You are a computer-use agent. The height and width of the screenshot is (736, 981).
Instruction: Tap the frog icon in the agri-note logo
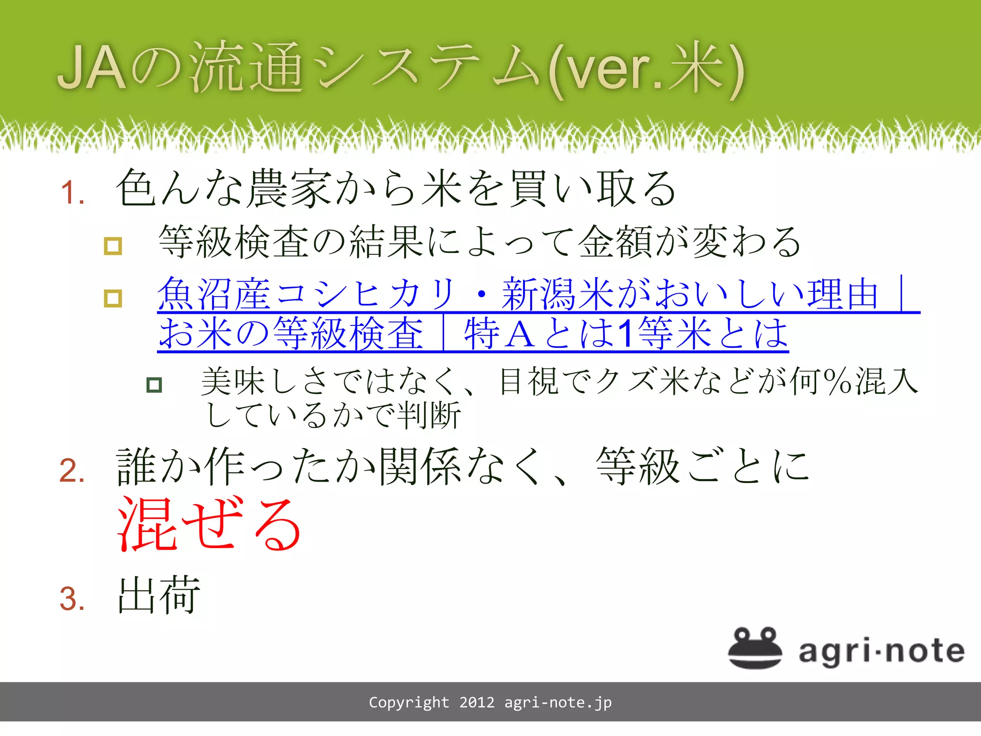(754, 647)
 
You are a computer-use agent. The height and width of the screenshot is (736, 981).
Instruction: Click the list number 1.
(72, 193)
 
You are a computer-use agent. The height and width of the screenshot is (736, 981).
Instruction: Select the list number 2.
(72, 470)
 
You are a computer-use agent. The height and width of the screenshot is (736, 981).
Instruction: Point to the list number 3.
(72, 599)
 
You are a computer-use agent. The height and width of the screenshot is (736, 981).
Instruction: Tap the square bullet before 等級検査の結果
(113, 246)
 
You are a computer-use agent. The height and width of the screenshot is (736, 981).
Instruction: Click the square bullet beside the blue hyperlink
(113, 298)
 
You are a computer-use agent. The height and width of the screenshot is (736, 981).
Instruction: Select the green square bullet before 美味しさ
(154, 385)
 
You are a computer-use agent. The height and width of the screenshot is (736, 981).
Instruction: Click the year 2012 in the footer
(477, 702)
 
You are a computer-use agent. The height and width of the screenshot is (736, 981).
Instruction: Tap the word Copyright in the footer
(409, 702)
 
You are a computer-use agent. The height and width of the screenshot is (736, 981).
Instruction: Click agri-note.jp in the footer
(558, 702)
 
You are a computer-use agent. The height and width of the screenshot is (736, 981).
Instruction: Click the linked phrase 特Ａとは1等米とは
(626, 333)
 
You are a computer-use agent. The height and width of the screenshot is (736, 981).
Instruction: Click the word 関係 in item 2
(420, 466)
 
